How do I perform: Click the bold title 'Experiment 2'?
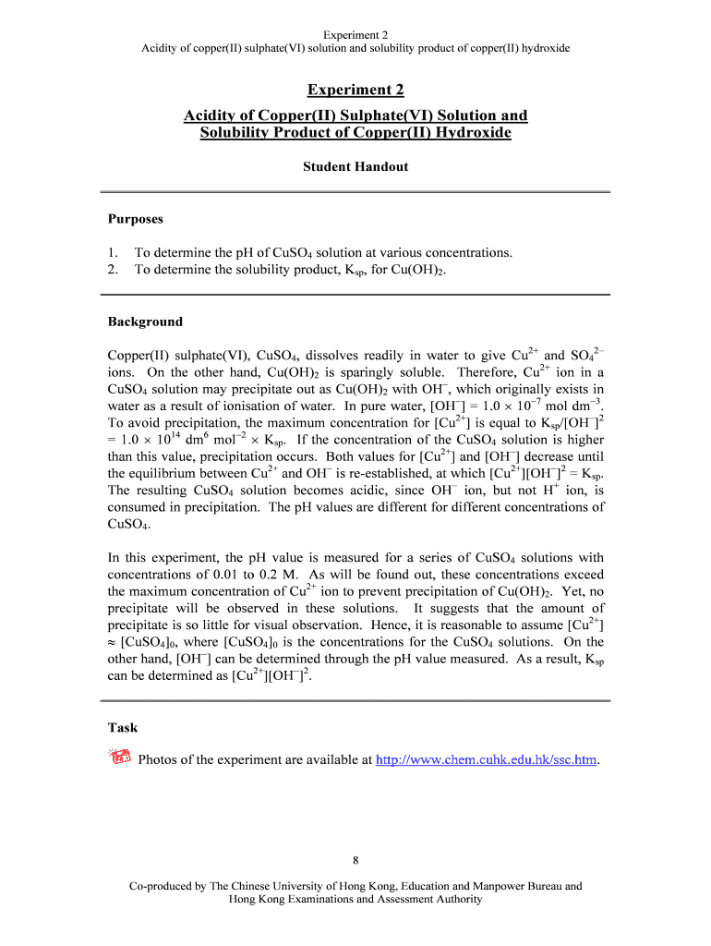(x=355, y=90)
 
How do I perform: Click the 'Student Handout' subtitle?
(x=355, y=167)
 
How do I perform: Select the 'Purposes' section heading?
(x=135, y=219)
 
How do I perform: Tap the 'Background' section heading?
(x=145, y=321)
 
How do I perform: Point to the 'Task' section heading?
(x=123, y=727)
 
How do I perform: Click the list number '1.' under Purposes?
(x=114, y=252)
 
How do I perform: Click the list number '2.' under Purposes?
(x=114, y=270)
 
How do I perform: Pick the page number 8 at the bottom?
(x=355, y=862)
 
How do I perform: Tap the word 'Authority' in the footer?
(x=459, y=900)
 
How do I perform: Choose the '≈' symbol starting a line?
(x=114, y=642)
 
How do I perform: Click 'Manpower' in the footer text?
(x=487, y=886)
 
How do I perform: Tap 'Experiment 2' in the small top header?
(x=355, y=34)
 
